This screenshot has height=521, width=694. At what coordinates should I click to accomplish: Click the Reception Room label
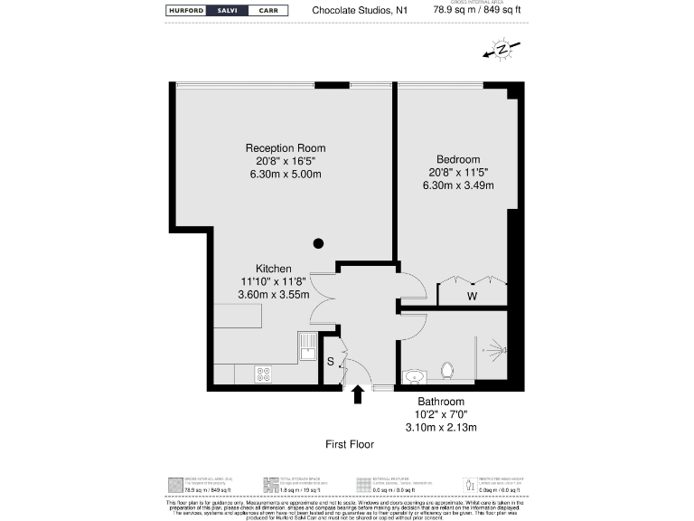(286, 148)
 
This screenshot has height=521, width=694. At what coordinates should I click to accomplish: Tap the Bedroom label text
(458, 159)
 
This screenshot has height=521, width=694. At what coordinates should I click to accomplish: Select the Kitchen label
(273, 269)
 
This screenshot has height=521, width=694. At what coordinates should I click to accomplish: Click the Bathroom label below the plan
(441, 402)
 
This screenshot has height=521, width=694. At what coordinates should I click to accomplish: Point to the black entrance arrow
(358, 393)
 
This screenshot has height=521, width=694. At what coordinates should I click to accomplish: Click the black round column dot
(318, 242)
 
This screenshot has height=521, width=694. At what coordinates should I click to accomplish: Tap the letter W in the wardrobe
(472, 296)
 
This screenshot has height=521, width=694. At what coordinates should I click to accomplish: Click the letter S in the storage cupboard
(331, 362)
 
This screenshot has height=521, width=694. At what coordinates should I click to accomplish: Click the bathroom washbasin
(414, 375)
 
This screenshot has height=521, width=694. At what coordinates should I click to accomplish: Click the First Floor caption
(350, 444)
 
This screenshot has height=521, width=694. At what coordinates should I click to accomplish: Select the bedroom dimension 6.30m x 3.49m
(458, 185)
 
